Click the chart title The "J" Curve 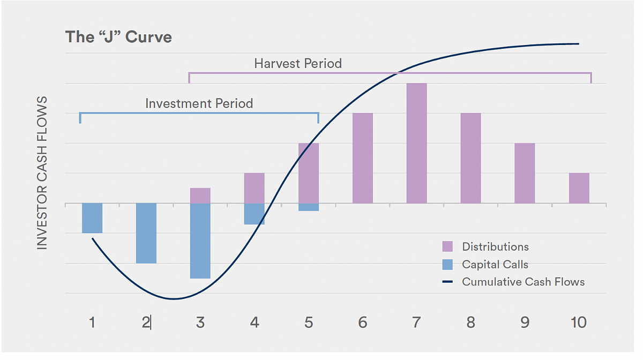click(x=118, y=37)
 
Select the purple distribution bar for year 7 click(x=416, y=143)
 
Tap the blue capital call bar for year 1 click(x=92, y=217)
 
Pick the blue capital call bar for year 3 click(x=200, y=241)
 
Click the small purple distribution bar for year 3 click(x=200, y=196)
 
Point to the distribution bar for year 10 click(x=579, y=188)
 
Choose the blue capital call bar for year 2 click(x=146, y=233)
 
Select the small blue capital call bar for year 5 click(x=308, y=207)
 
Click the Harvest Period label click(x=298, y=63)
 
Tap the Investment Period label click(x=199, y=103)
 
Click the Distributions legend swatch click(x=447, y=246)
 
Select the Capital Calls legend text click(x=495, y=264)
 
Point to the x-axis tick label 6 click(x=363, y=322)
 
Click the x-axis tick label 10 click(x=579, y=322)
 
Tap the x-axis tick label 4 click(x=255, y=322)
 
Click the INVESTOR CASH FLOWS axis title click(x=42, y=173)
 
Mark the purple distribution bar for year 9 click(x=525, y=173)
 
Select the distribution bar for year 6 click(x=363, y=158)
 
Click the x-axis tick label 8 click(x=470, y=322)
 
